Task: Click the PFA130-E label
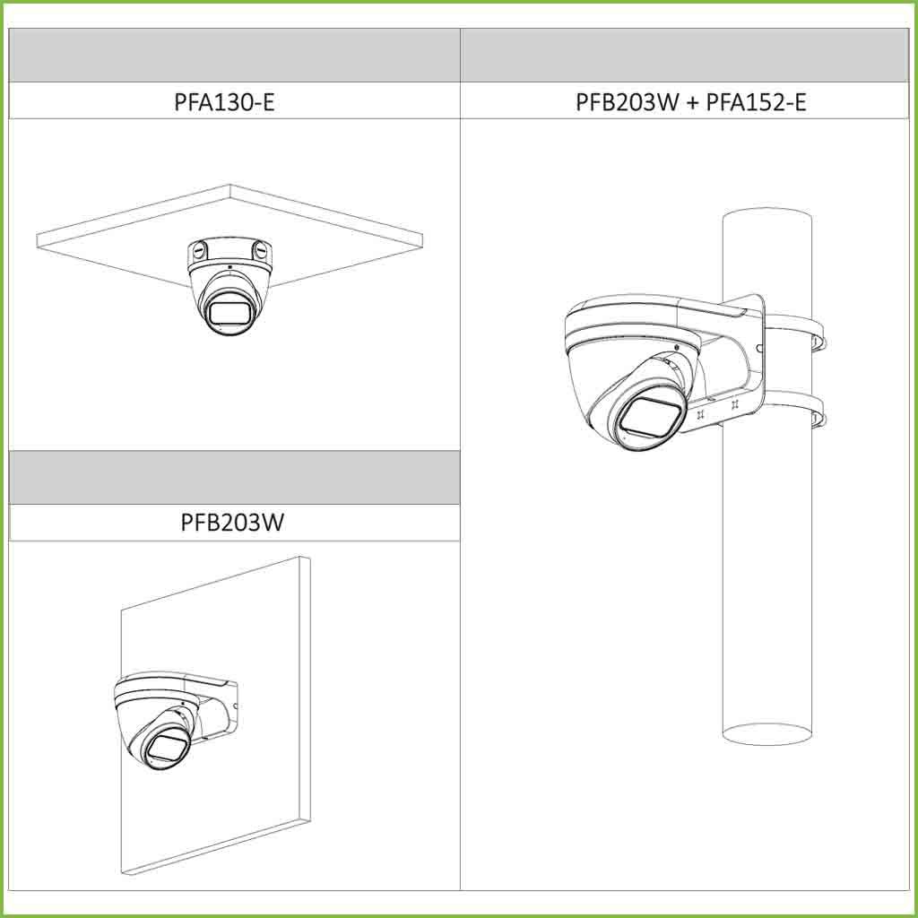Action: [224, 102]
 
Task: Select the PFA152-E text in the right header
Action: [756, 102]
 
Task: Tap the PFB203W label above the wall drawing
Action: [232, 522]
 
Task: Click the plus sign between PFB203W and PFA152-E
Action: [692, 103]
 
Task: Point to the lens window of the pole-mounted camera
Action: [651, 417]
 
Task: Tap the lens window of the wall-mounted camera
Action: [166, 747]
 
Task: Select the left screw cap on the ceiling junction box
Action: [198, 250]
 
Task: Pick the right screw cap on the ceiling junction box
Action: [260, 250]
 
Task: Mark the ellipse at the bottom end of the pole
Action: [767, 734]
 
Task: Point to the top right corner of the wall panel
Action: [309, 558]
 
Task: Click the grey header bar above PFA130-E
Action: [234, 55]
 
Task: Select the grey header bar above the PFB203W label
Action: [234, 477]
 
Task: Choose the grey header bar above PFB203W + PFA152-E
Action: [684, 55]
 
